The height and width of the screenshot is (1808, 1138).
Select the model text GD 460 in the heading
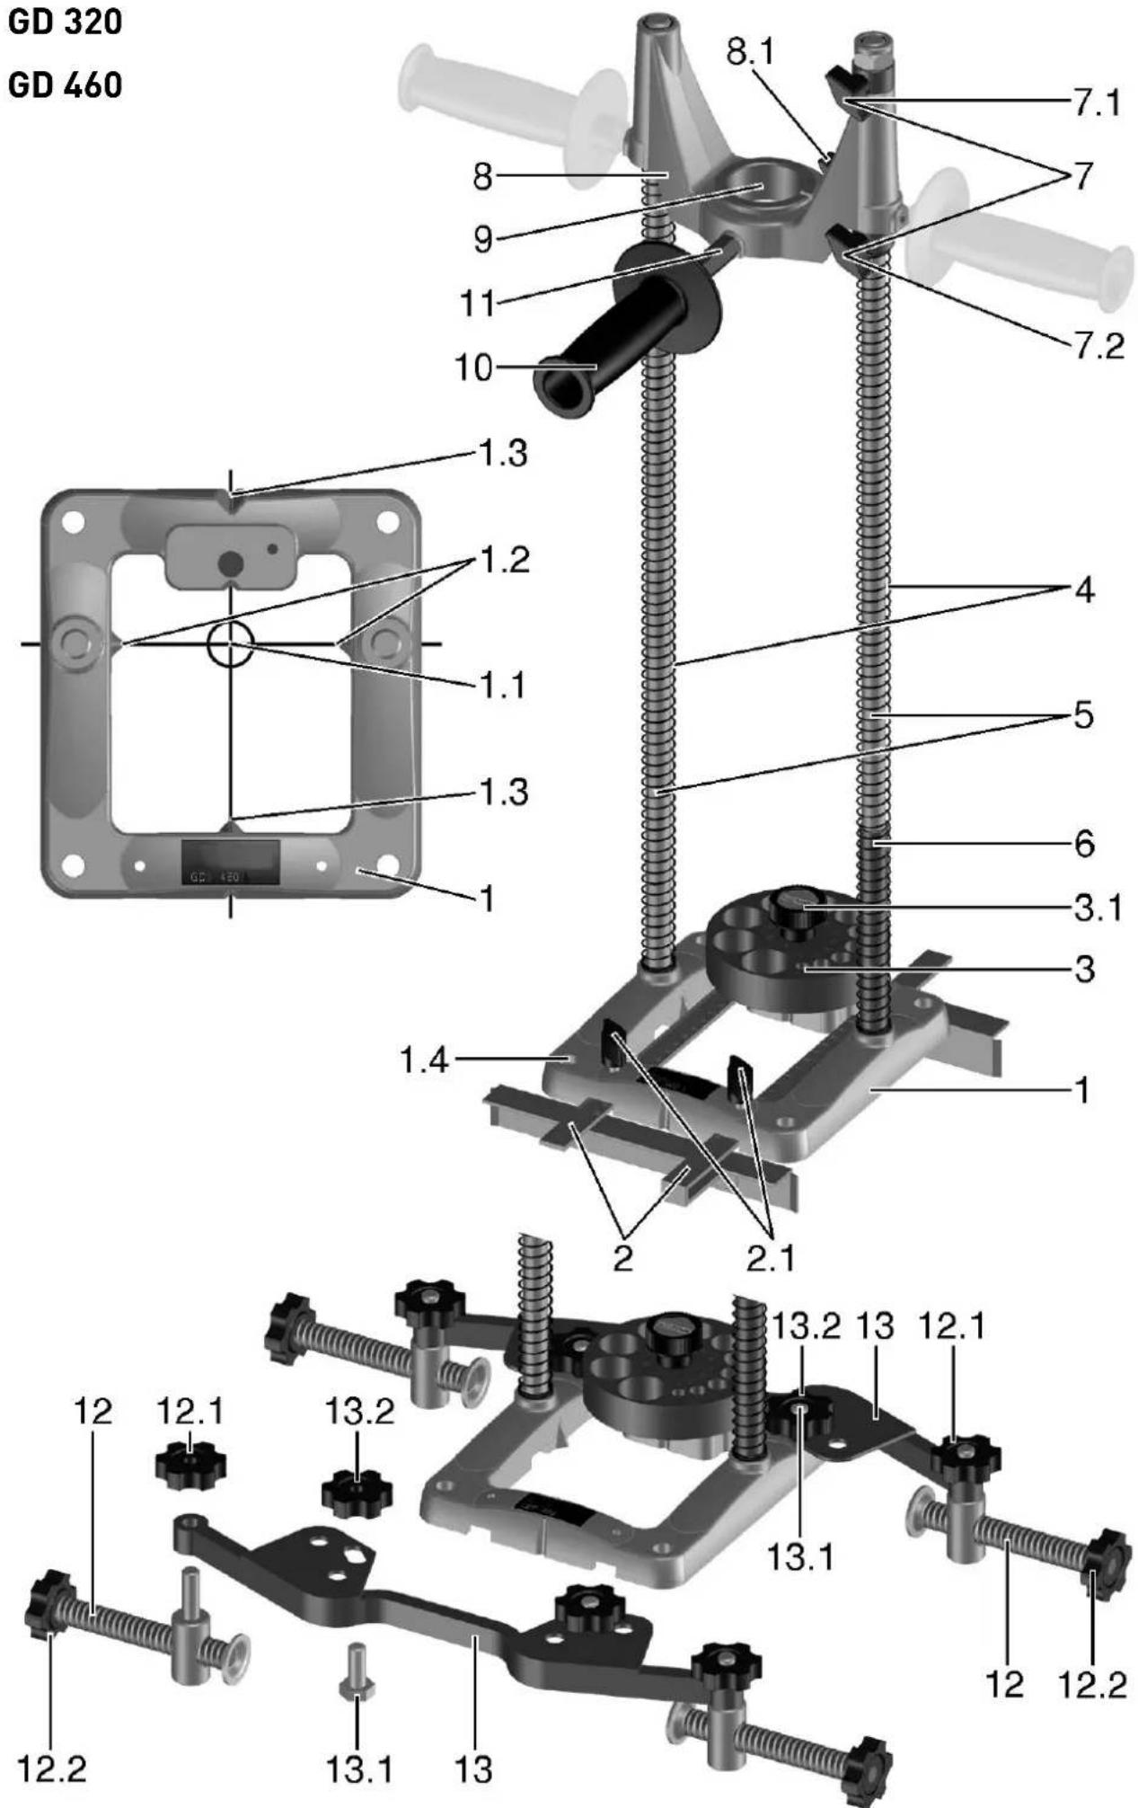[65, 85]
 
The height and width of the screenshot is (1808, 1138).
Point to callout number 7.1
[1098, 103]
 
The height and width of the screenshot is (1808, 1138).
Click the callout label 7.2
[1099, 345]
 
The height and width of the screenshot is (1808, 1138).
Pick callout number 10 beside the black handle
[475, 368]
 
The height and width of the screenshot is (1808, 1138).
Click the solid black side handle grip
[628, 332]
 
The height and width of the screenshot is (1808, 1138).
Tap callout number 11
[477, 304]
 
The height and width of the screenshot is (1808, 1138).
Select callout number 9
[483, 240]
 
